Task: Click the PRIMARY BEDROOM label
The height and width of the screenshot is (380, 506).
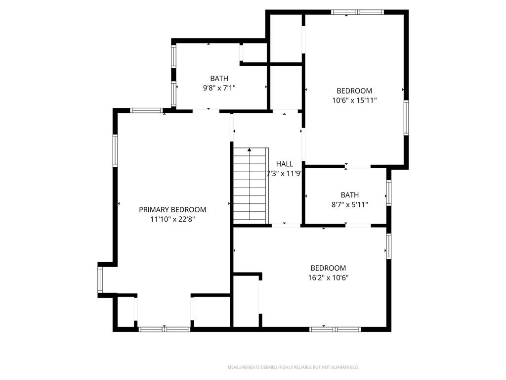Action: (172, 210)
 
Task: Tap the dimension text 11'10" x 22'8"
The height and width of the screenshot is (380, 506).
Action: (172, 219)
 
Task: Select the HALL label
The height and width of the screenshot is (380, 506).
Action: (285, 164)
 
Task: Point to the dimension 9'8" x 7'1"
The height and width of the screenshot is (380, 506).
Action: (219, 88)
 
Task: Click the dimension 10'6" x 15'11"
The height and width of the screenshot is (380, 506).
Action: (354, 100)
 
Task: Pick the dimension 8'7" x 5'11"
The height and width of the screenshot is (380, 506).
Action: (350, 204)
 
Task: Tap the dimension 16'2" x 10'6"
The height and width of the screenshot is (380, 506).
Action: (328, 278)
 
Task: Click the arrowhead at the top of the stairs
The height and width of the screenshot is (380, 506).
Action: (249, 149)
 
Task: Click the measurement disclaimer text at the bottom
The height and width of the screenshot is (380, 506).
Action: (293, 367)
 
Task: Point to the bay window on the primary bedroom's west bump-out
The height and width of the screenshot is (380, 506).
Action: (100, 280)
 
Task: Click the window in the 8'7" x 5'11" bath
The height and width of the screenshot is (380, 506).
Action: (389, 193)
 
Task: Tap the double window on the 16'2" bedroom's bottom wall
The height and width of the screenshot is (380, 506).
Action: (335, 329)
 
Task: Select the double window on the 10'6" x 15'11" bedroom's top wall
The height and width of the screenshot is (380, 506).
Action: (358, 12)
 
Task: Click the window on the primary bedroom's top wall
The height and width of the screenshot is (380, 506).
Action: (146, 110)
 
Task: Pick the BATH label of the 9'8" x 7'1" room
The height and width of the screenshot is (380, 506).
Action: (219, 79)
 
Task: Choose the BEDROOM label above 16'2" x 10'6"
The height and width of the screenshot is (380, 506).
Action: (328, 268)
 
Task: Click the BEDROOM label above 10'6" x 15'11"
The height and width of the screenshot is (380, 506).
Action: (354, 91)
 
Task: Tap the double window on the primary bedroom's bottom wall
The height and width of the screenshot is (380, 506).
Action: (165, 329)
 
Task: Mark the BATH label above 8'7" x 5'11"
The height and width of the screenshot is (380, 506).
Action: (350, 195)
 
